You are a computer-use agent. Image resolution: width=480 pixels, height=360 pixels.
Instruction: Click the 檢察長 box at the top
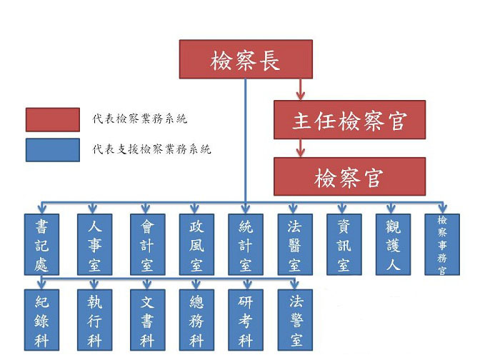(246, 59)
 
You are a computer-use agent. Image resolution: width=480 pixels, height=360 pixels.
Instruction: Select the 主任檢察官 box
(349, 119)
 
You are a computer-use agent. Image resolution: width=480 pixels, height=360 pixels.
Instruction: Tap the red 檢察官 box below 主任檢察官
(349, 176)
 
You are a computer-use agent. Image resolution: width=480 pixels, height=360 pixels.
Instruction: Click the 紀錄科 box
(41, 320)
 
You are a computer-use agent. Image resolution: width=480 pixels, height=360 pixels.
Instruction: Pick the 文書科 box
(147, 320)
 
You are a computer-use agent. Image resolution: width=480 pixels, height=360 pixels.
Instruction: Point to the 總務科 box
(196, 320)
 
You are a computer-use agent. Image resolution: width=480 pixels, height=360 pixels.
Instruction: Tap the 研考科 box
(246, 320)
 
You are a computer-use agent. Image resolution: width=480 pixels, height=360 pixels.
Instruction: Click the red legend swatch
(52, 120)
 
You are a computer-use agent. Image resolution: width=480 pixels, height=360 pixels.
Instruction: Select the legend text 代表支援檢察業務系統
(151, 150)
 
